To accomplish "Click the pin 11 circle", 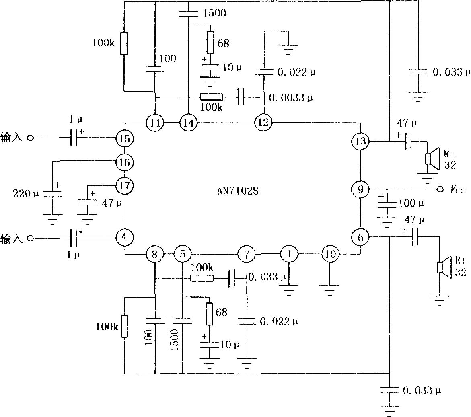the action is (155, 123).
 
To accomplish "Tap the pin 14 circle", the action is (188, 123).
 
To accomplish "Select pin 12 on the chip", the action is (263, 123).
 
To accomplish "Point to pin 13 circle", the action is (360, 141).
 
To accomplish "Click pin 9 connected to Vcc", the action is (360, 189).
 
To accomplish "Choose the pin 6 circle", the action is (360, 237).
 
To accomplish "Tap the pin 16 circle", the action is (125, 162).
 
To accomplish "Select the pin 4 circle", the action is (125, 237).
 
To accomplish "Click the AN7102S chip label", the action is (238, 191).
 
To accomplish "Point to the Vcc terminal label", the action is (457, 189).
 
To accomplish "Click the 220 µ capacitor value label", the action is (26, 193).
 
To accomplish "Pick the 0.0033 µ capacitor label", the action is (291, 98).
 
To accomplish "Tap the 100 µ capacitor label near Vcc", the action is (411, 203).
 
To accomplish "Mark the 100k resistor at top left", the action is (124, 43).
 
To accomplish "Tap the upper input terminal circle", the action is (30, 138).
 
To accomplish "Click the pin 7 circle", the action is (246, 254).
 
